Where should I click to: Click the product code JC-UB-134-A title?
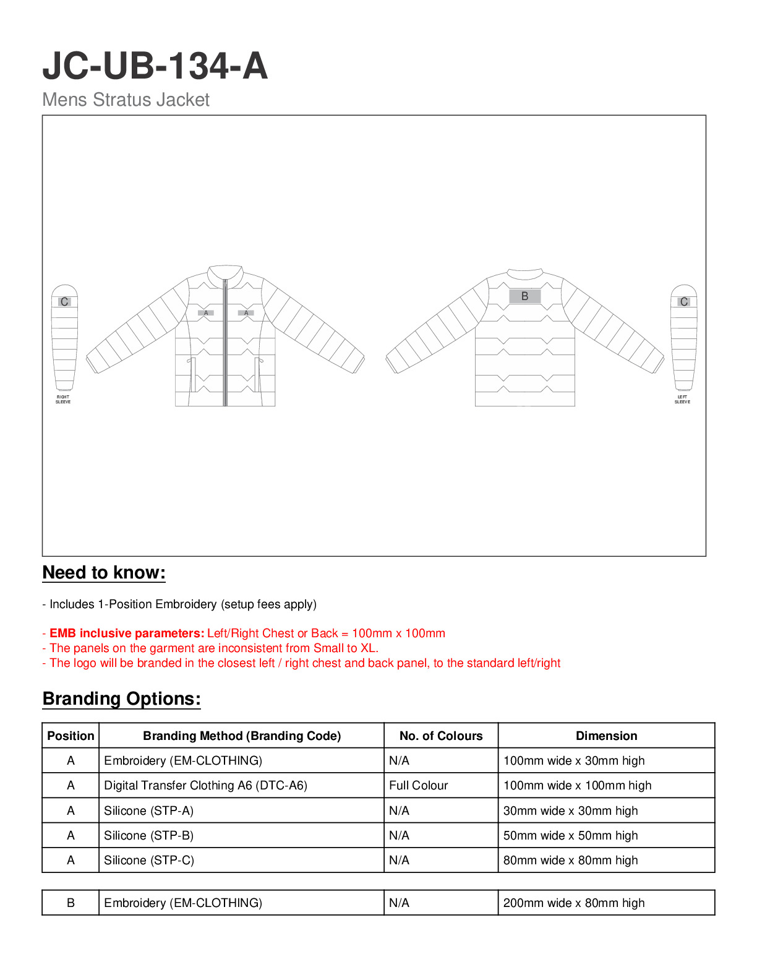pos(155,66)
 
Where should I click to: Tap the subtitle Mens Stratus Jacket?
pos(126,100)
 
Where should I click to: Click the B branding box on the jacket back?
pos(524,296)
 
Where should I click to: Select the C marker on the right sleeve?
pos(64,302)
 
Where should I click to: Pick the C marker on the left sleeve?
pos(683,302)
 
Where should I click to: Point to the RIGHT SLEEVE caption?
pos(63,400)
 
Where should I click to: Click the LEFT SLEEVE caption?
pos(682,400)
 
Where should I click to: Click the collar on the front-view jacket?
pos(225,273)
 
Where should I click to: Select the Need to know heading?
pos(104,572)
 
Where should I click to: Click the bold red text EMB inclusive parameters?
pos(127,633)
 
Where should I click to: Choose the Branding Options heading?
pos(121,698)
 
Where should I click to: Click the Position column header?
pos(71,736)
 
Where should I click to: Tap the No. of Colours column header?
pos(441,736)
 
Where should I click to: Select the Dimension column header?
pos(606,736)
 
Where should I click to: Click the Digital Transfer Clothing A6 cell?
pos(205,786)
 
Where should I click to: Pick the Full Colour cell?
pos(418,786)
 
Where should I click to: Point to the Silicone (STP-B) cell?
pos(148,835)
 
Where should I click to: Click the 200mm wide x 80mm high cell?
pos(573,903)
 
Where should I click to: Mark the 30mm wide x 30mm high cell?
pos(570,810)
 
